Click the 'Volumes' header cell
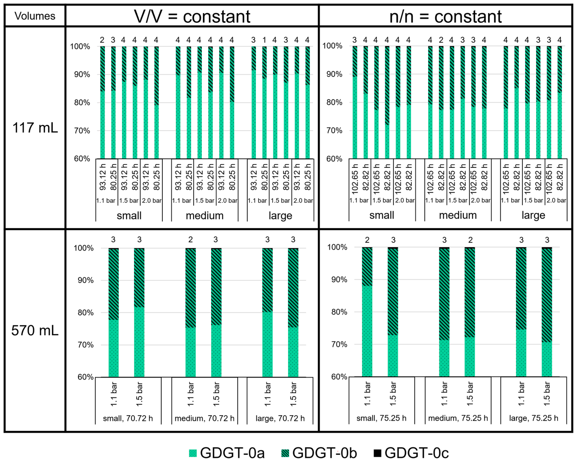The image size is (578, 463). [35, 16]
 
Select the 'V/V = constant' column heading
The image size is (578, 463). [192, 17]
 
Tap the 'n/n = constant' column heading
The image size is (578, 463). [445, 17]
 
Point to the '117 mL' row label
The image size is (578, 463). [35, 128]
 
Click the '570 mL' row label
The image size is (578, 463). [35, 330]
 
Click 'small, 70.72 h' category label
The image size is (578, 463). [128, 418]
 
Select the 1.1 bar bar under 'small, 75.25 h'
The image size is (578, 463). [367, 321]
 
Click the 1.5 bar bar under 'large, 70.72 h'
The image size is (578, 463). [293, 321]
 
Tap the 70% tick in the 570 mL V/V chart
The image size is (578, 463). [86, 345]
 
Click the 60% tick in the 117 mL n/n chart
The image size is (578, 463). [334, 159]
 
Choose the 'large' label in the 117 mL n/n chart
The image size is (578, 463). [533, 215]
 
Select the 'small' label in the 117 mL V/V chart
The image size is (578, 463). [129, 216]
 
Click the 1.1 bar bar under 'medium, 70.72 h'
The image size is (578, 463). [191, 321]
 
